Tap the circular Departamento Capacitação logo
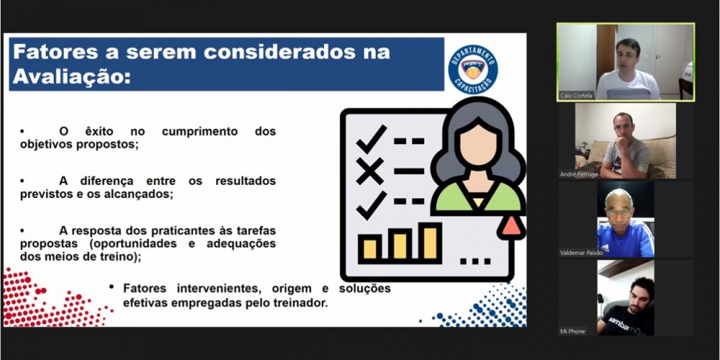click(473, 70)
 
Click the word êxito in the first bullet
click(99, 131)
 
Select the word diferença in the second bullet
click(107, 181)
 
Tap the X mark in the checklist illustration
click(369, 171)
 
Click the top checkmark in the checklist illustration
click(372, 139)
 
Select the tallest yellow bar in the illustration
click(430, 242)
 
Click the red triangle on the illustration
click(511, 226)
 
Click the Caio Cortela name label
click(576, 96)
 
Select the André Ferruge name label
click(579, 174)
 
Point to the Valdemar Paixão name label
click(581, 253)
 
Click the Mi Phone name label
click(572, 331)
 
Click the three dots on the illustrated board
click(475, 261)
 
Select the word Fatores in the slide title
click(55, 51)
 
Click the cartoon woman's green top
click(477, 198)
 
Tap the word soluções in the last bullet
click(365, 289)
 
